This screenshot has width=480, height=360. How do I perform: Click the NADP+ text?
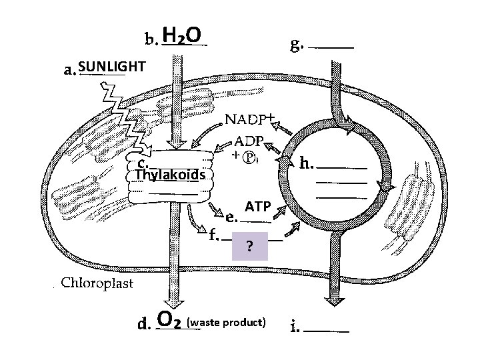251,119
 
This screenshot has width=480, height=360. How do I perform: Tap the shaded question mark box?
249,247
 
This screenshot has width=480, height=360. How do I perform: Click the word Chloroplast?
97,283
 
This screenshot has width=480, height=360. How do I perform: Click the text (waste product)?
227,323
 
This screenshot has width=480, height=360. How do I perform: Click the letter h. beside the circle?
307,162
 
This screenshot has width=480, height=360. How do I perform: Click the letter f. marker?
213,235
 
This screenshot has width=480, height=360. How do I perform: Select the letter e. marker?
231,216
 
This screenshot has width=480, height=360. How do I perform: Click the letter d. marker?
143,325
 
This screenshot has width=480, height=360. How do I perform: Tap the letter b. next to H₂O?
151,39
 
